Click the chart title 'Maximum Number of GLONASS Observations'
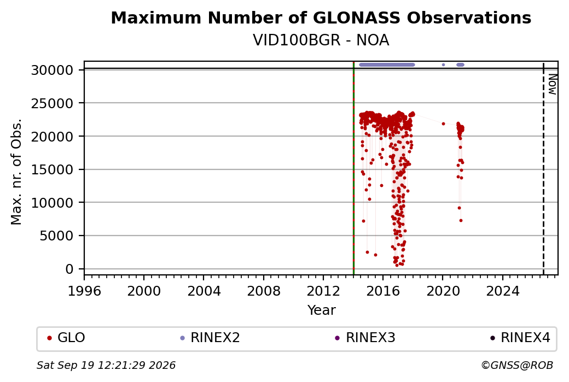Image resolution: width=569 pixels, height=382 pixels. pyautogui.click(x=321, y=17)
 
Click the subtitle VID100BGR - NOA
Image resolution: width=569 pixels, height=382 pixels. pyautogui.click(x=321, y=40)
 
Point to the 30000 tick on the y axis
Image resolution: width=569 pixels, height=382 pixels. pyautogui.click(x=53, y=70)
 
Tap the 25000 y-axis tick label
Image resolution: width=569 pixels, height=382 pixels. pyautogui.click(x=53, y=103)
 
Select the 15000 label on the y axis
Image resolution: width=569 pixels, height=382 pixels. pyautogui.click(x=53, y=169)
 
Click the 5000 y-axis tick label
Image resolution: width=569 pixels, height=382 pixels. pyautogui.click(x=56, y=236)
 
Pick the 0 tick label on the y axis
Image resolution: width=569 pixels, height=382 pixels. pyautogui.click(x=69, y=269)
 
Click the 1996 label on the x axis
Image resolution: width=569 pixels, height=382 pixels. pyautogui.click(x=84, y=291)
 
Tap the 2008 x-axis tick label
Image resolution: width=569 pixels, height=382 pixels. pyautogui.click(x=264, y=291)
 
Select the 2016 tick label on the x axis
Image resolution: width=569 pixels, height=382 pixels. pyautogui.click(x=383, y=291)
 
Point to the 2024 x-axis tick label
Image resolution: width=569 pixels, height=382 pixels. pyautogui.click(x=503, y=291)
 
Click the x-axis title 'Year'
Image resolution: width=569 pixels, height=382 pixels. pyautogui.click(x=321, y=310)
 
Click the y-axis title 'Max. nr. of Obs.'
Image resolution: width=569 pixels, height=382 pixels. pyautogui.click(x=16, y=172)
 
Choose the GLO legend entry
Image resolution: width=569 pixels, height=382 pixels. pyautogui.click(x=66, y=338)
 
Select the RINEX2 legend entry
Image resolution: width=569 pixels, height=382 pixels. pyautogui.click(x=210, y=338)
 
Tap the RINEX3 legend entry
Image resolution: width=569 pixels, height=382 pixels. pyautogui.click(x=365, y=338)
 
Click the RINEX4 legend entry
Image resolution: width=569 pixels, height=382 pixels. pyautogui.click(x=520, y=338)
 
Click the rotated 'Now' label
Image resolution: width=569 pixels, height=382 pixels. pyautogui.click(x=552, y=84)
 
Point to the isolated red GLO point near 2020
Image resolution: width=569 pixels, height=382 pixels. pyautogui.click(x=443, y=124)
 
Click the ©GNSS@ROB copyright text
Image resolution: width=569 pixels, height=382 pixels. pyautogui.click(x=517, y=365)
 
